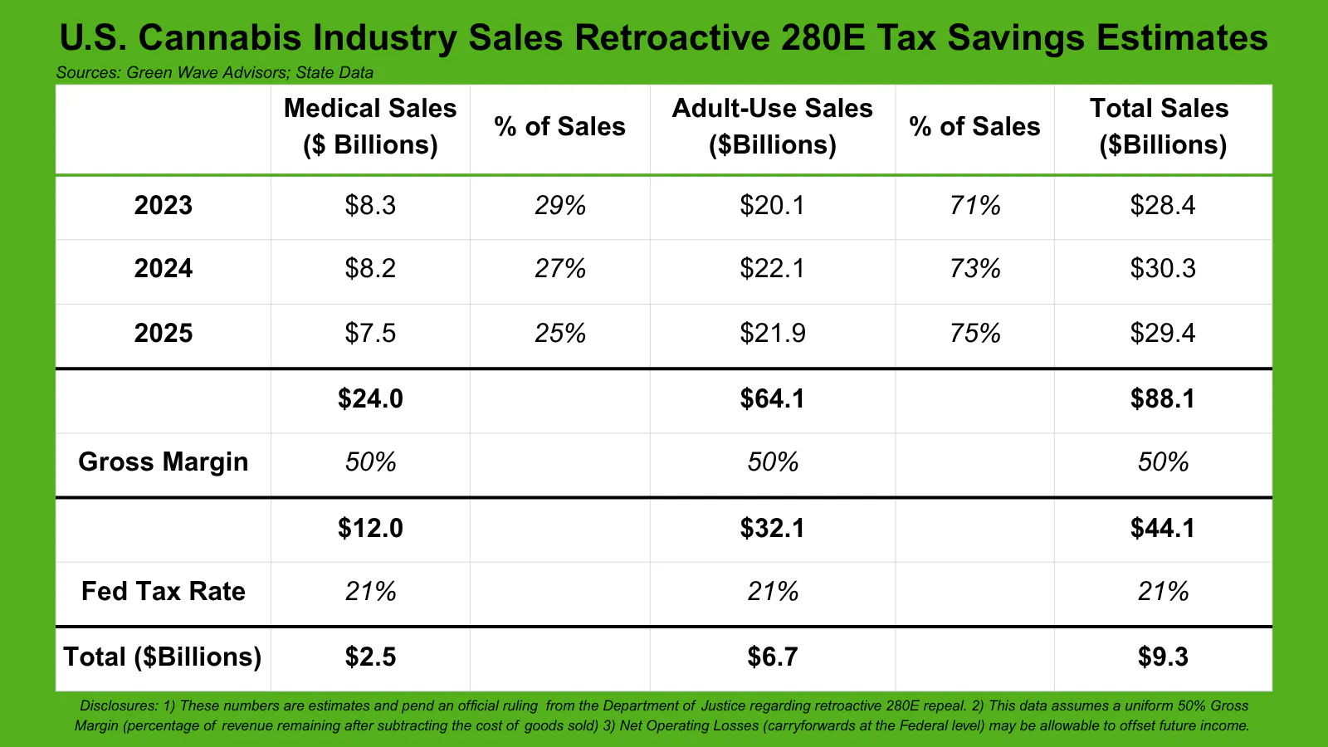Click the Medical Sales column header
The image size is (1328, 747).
pyautogui.click(x=370, y=126)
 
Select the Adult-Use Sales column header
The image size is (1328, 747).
pyautogui.click(x=772, y=126)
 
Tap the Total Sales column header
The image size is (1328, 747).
pyautogui.click(x=1162, y=126)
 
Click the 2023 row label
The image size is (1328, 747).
pyautogui.click(x=164, y=205)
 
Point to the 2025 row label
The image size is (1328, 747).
pyautogui.click(x=164, y=333)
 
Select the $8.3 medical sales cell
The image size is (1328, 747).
pyautogui.click(x=370, y=205)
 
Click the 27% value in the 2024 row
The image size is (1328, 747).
pyautogui.click(x=560, y=268)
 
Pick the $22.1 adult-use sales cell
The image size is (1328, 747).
pyautogui.click(x=772, y=268)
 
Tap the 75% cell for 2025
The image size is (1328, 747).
pyautogui.click(x=975, y=333)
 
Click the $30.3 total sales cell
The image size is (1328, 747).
pyautogui.click(x=1162, y=268)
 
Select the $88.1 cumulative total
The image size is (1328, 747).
pyautogui.click(x=1162, y=398)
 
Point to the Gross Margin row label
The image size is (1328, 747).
pyautogui.click(x=164, y=461)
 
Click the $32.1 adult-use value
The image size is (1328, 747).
pyautogui.click(x=772, y=528)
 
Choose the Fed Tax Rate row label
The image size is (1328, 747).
pyautogui.click(x=164, y=591)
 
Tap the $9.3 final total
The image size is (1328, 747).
pyautogui.click(x=1162, y=657)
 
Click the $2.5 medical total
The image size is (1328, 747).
pyautogui.click(x=370, y=657)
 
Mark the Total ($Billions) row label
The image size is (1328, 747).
pyautogui.click(x=163, y=657)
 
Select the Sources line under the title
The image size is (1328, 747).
pyautogui.click(x=214, y=72)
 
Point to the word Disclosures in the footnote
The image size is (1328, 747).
pyautogui.click(x=118, y=705)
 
